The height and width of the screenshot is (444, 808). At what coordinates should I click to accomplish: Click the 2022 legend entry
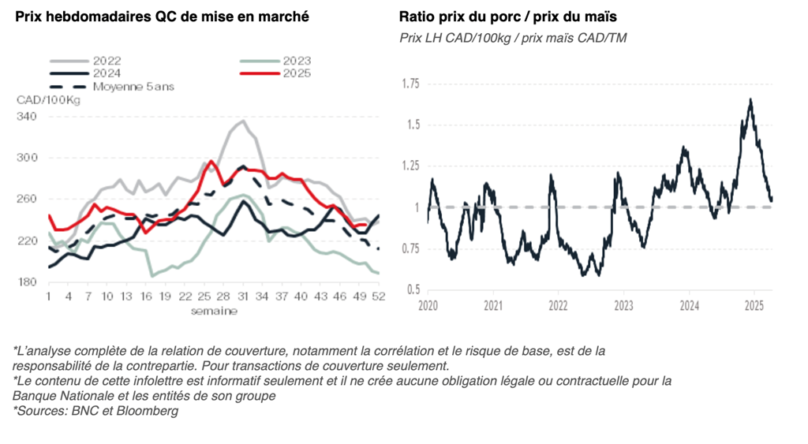107,61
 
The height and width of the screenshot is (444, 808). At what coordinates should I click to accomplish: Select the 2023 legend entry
296,61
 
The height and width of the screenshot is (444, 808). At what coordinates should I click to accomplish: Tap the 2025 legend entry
296,73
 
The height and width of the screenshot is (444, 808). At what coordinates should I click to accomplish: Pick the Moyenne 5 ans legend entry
133,87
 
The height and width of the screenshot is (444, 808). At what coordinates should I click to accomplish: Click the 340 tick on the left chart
28,117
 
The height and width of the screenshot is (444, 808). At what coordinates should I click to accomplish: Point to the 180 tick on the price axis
28,282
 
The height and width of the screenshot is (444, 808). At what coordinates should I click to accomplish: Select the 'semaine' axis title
213,311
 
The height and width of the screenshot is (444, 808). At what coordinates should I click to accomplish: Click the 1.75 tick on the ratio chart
411,84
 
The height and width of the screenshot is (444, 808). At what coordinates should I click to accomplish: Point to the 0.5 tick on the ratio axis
413,290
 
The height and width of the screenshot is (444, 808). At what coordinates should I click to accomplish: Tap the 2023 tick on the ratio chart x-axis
623,304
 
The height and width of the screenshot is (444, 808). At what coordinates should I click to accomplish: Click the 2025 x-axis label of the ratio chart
754,304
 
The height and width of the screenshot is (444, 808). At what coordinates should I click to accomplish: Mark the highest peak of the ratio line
750,99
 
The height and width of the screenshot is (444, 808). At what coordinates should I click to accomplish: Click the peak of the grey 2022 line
243,121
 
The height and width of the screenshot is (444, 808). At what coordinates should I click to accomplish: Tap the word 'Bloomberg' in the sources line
149,411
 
